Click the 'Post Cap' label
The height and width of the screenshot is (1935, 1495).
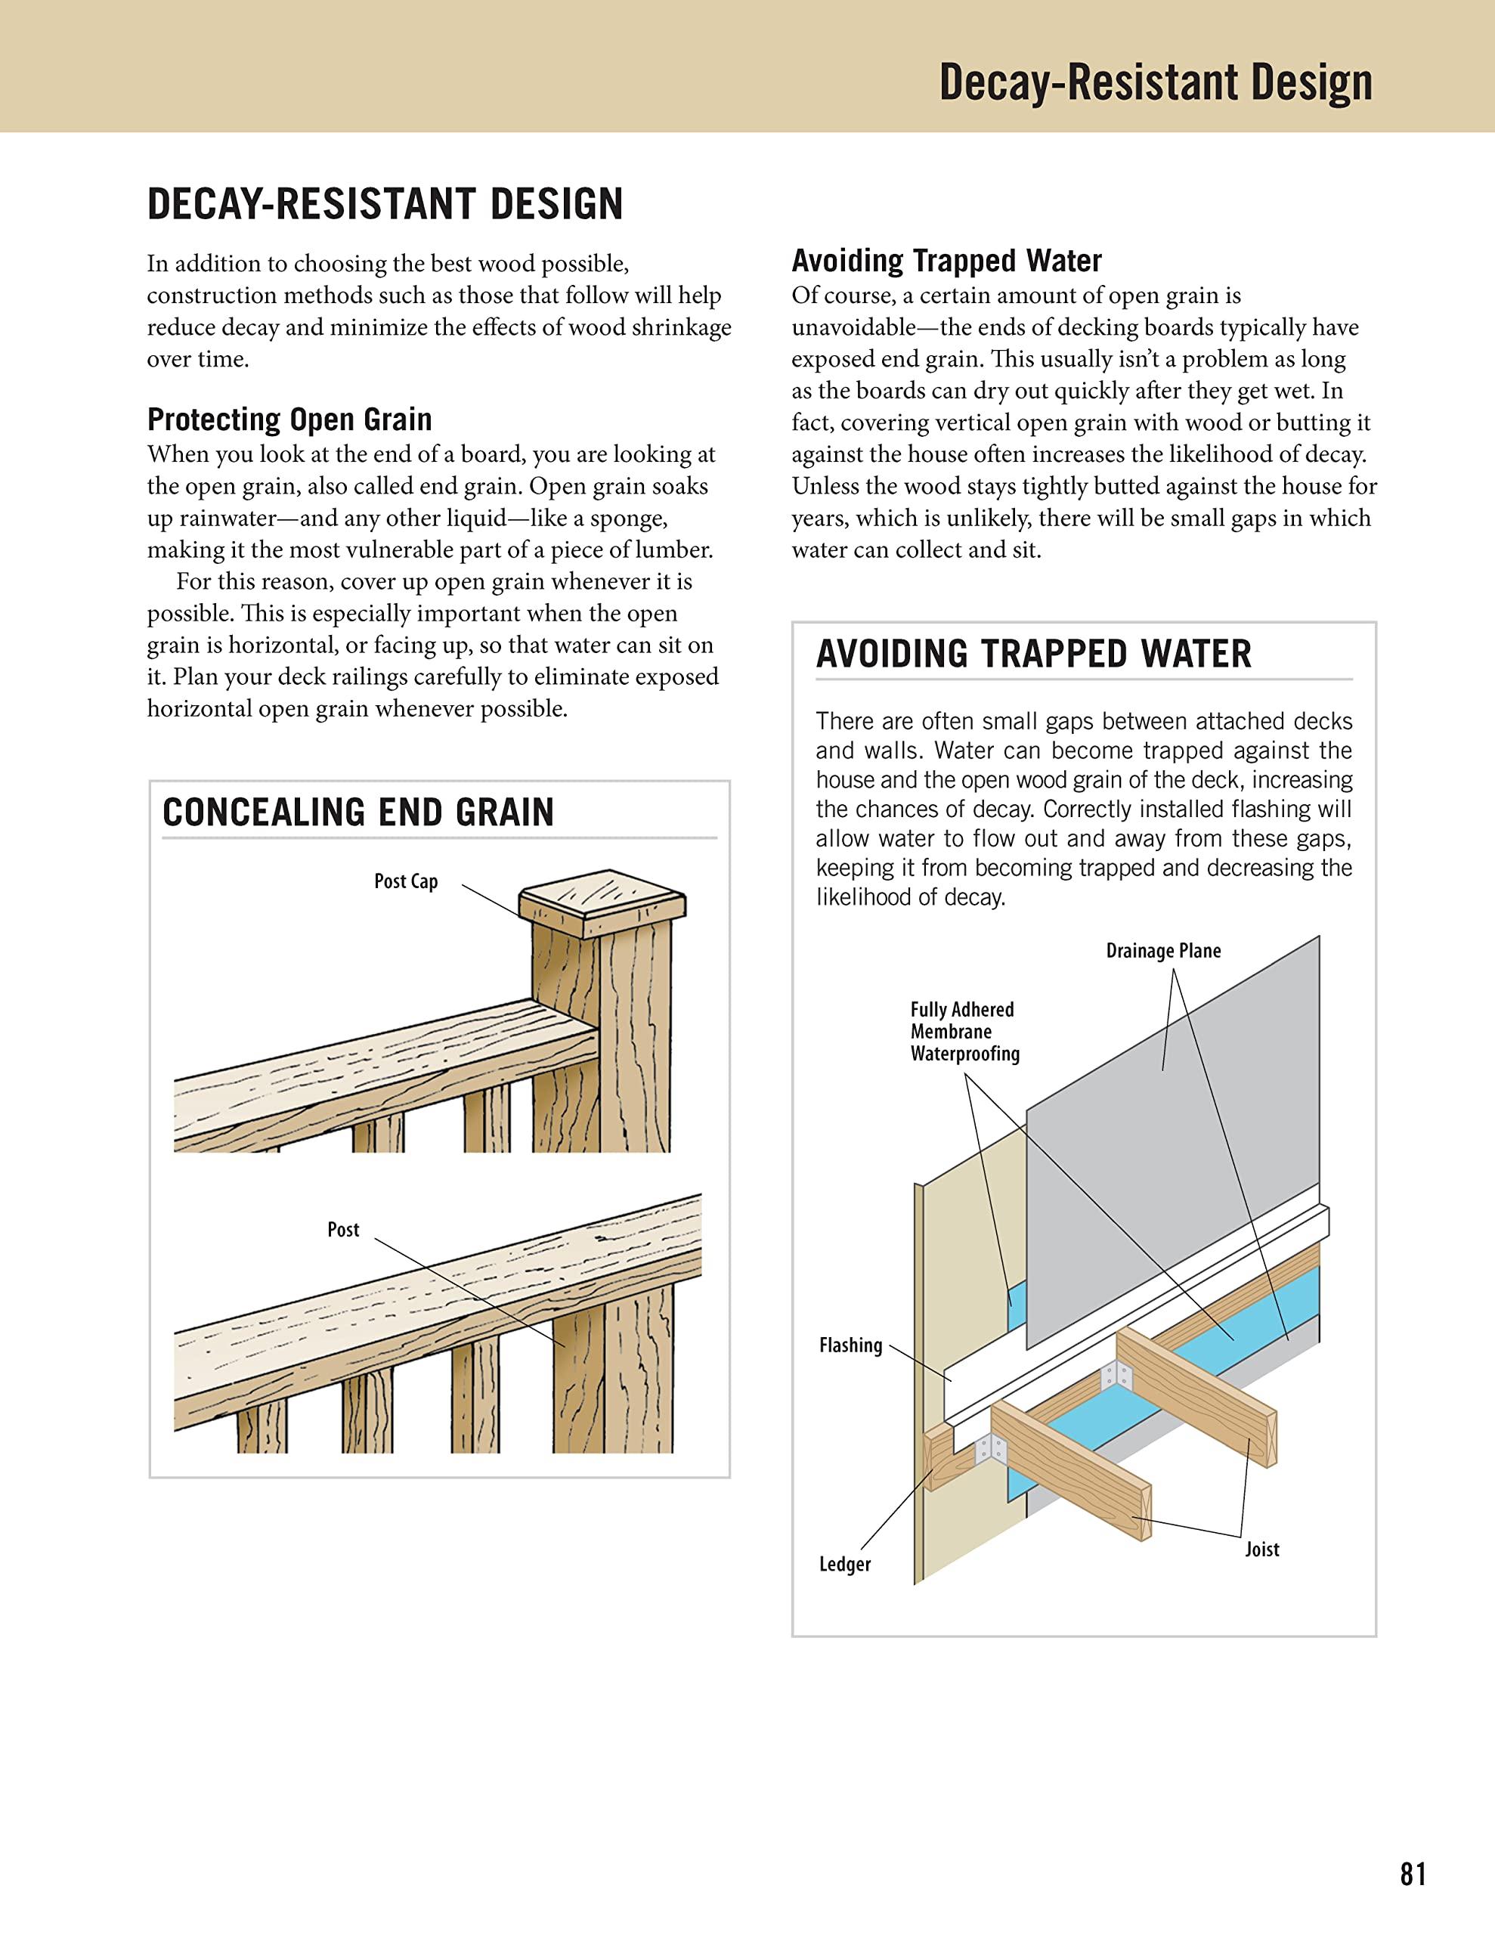tap(406, 881)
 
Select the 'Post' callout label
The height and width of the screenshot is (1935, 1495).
tap(343, 1230)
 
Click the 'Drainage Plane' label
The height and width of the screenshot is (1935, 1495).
tap(1162, 951)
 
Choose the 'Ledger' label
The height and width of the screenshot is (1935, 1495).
tap(843, 1565)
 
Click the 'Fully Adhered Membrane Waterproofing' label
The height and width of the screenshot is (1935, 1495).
tap(964, 1031)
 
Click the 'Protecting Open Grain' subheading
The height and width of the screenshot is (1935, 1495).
tap(289, 419)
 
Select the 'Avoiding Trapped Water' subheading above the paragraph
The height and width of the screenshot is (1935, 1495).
tap(946, 261)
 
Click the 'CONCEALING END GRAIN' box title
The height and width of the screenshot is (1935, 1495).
tap(358, 813)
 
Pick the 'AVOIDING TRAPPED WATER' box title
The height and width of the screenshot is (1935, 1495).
tap(1033, 654)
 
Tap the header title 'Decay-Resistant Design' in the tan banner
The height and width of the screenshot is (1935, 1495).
tap(1155, 82)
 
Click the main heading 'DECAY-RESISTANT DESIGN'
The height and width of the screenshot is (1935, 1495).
tap(385, 204)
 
